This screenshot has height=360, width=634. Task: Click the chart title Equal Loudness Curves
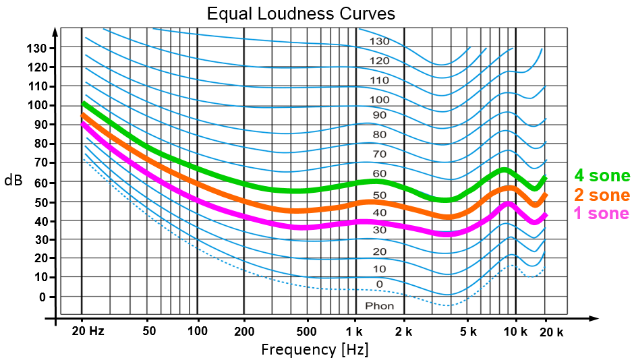[x=300, y=13]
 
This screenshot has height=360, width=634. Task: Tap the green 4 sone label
[x=602, y=177]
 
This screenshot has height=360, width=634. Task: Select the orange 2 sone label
[x=602, y=196]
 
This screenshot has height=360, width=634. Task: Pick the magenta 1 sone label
[x=601, y=214]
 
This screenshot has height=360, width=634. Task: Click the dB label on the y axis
[x=13, y=181]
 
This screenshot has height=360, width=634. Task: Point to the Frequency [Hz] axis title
[x=315, y=349]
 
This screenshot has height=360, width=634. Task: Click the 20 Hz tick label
[x=88, y=332]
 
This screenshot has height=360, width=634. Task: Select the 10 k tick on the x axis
[x=516, y=332]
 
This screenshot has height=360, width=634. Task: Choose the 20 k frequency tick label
[x=551, y=332]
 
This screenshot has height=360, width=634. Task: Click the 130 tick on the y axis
[x=36, y=49]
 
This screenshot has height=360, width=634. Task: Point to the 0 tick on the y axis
[x=42, y=297]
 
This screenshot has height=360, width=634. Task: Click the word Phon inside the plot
[x=379, y=306]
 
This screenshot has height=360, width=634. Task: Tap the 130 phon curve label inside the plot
[x=379, y=41]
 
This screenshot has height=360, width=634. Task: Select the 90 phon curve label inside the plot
[x=379, y=115]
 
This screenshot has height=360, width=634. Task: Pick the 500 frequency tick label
[x=307, y=332]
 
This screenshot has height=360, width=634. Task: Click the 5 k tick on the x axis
[x=468, y=332]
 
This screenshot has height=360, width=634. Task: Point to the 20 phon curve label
[x=379, y=251]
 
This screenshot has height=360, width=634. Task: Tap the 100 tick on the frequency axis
[x=197, y=332]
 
